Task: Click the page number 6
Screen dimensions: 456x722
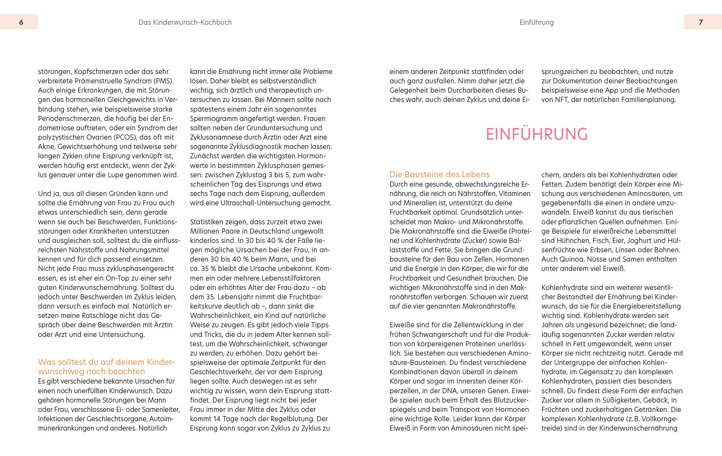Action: (x=21, y=22)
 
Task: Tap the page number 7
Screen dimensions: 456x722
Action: (x=701, y=22)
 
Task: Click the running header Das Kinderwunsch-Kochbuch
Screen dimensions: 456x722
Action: (x=185, y=23)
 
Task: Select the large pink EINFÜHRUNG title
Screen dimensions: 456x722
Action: (x=537, y=134)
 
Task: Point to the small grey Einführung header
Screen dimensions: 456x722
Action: (x=536, y=23)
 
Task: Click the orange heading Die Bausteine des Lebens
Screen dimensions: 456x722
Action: (x=439, y=174)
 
